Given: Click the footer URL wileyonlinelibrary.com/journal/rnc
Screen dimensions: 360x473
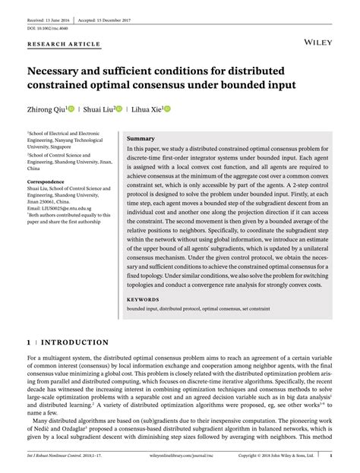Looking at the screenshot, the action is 178,457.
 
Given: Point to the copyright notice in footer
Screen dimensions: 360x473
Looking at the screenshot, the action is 274,457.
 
